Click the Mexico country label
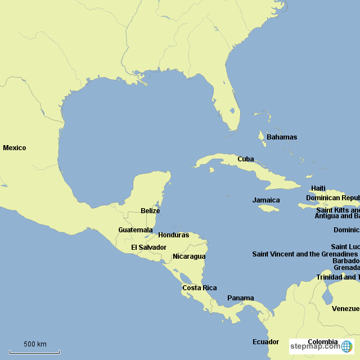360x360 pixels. pyautogui.click(x=15, y=148)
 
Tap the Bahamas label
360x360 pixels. pyautogui.click(x=282, y=137)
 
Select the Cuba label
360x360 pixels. pyautogui.click(x=245, y=159)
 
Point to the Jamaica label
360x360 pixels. pyautogui.click(x=266, y=200)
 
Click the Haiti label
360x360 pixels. pyautogui.click(x=318, y=188)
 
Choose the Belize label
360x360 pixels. pyautogui.click(x=150, y=211)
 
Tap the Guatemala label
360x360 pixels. pyautogui.click(x=136, y=230)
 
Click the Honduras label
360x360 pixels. pyautogui.click(x=174, y=235)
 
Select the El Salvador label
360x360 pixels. pyautogui.click(x=149, y=247)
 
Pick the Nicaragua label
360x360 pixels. pyautogui.click(x=189, y=256)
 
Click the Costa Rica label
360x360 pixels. pyautogui.click(x=199, y=288)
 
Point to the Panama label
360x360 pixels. pyautogui.click(x=241, y=298)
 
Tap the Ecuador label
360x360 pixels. pyautogui.click(x=265, y=342)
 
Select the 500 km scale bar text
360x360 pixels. pyautogui.click(x=35, y=344)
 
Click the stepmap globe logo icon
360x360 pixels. pyautogui.click(x=347, y=346)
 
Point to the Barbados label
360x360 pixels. pyautogui.click(x=345, y=261)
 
